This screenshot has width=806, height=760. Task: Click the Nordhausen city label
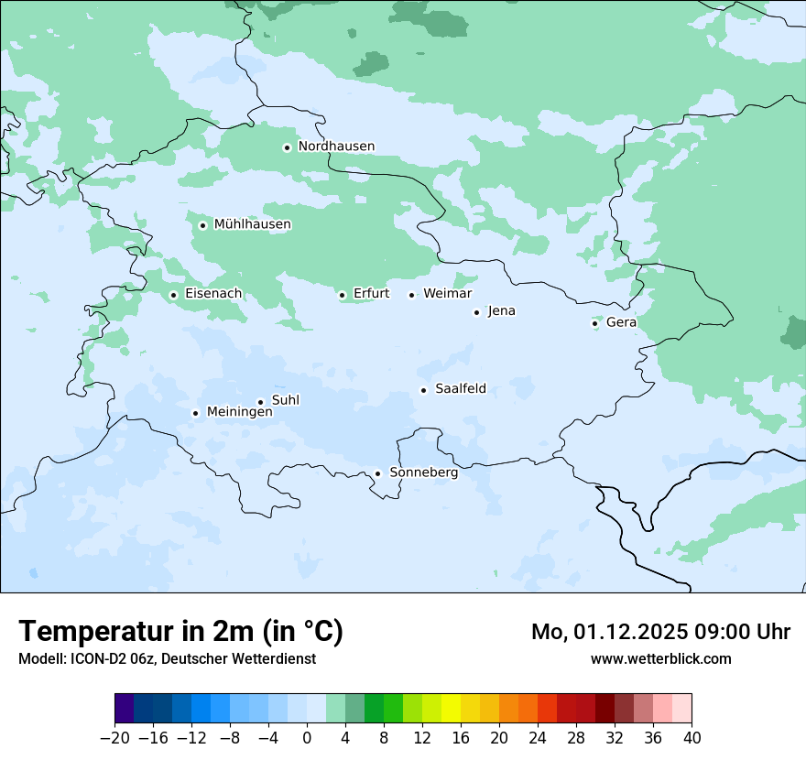336,147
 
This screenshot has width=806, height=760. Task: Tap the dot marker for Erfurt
342,295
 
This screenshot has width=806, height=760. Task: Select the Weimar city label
447,294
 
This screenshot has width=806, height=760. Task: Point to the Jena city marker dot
476,312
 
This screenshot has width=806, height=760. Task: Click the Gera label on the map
621,322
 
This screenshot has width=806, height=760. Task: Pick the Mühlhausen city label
252,224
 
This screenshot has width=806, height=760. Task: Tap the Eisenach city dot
173,295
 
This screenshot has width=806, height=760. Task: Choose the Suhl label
286,400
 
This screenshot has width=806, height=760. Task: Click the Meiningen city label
239,413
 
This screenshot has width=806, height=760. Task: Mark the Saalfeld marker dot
423,391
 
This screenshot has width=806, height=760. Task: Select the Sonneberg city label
423,473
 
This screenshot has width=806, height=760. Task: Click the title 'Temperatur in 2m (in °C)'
180,632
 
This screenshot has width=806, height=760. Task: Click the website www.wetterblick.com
660,658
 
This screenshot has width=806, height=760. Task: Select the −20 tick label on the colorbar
115,738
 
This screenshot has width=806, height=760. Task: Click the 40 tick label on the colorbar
692,738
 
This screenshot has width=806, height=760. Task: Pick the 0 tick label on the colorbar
307,738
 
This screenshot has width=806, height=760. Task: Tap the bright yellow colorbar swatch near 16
451,709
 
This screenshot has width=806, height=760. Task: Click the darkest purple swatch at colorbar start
125,709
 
